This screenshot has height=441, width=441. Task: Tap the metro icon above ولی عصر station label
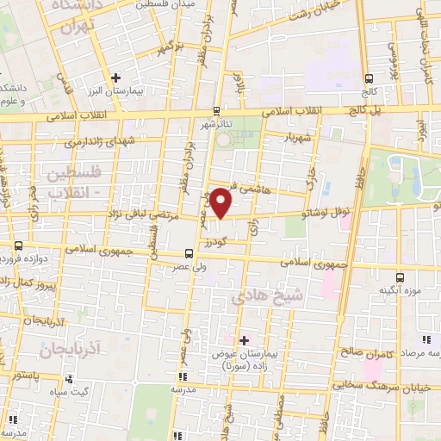click(188, 254)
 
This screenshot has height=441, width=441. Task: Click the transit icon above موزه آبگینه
click(400, 277)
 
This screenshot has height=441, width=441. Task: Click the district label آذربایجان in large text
click(69, 348)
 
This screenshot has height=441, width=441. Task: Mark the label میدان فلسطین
click(167, 4)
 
